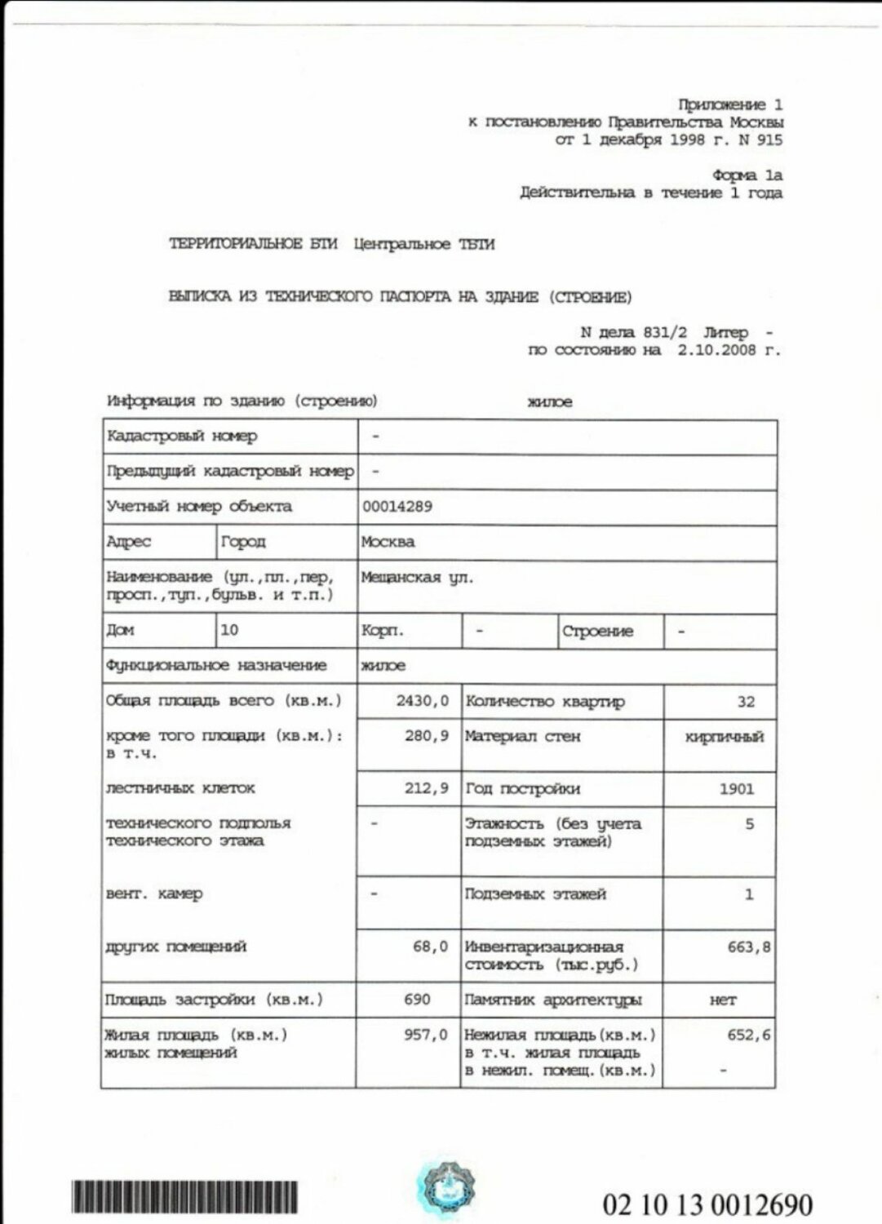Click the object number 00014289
click(x=397, y=507)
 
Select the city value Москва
click(x=388, y=542)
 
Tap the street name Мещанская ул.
click(x=417, y=578)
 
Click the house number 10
click(x=229, y=630)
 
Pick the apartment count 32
click(x=745, y=702)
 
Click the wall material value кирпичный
click(x=725, y=737)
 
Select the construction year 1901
click(x=737, y=789)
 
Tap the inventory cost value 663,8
click(x=748, y=947)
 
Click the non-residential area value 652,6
click(x=748, y=1035)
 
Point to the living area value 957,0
click(x=426, y=1035)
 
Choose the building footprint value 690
click(x=417, y=1000)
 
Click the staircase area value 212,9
click(x=426, y=789)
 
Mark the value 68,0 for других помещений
click(x=430, y=947)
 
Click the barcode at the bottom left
click(x=184, y=1196)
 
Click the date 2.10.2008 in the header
click(x=720, y=350)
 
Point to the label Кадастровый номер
click(x=182, y=437)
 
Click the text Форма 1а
click(x=747, y=175)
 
